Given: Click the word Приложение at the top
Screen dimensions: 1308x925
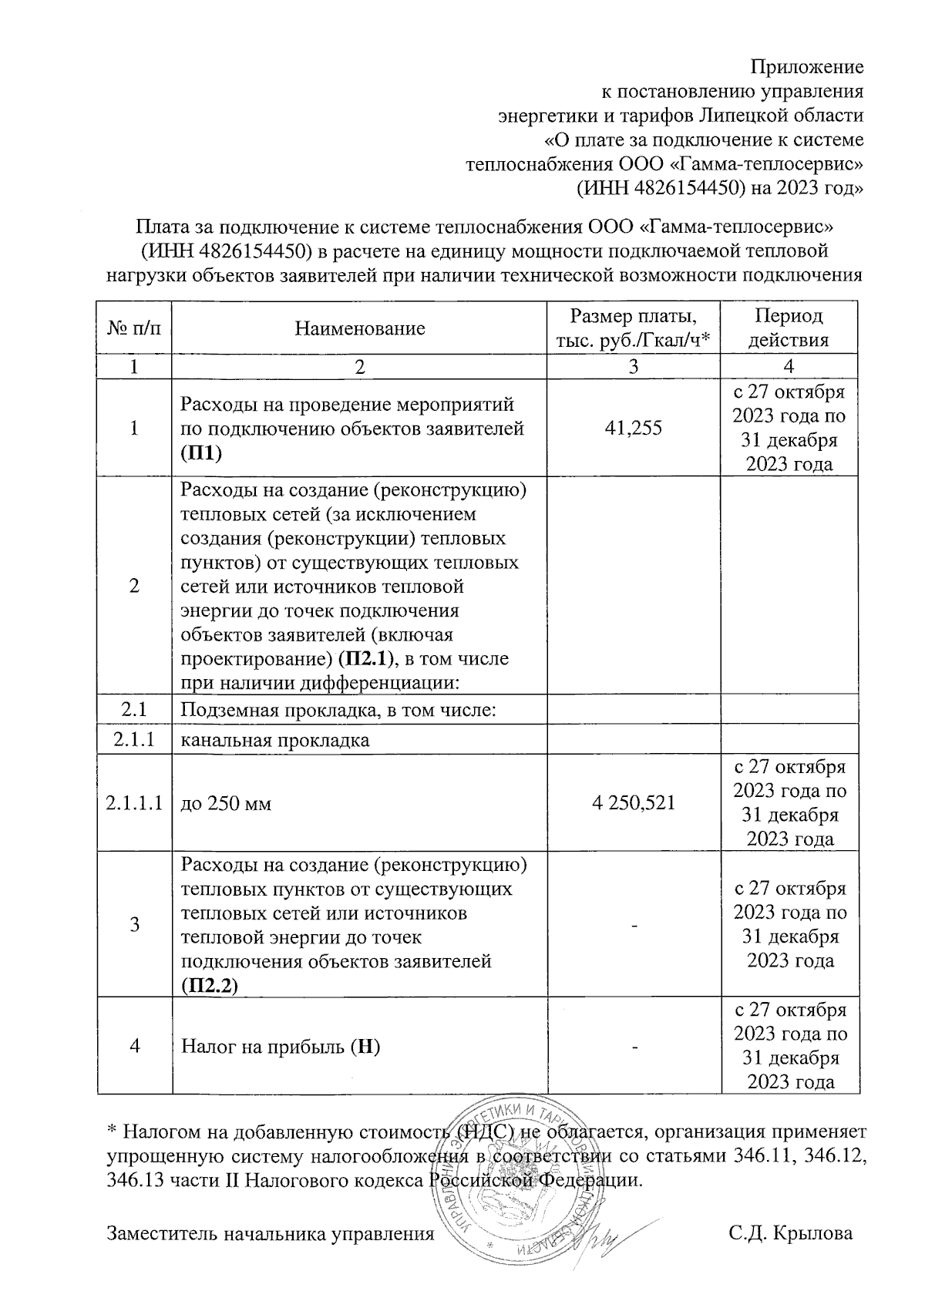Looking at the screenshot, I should point(807,66).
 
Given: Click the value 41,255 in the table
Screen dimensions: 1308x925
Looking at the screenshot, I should point(633,429).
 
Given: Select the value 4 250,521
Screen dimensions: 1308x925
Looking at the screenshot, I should point(633,803).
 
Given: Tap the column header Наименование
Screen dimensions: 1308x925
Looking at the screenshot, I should point(359,329).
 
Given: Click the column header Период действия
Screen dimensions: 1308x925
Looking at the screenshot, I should point(789,328).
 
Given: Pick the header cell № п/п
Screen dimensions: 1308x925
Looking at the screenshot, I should point(134,329).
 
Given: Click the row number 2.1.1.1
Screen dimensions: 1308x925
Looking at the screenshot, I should point(134,803).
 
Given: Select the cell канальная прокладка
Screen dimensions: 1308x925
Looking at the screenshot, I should point(275,741).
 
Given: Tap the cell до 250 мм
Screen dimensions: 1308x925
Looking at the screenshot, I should point(225,804).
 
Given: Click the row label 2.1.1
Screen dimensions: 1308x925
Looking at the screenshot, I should point(134,740).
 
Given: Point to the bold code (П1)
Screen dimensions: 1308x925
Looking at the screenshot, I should point(200,453).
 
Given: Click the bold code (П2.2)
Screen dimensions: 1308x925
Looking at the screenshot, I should point(209,986).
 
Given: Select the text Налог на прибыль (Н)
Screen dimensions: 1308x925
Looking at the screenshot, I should point(281,1047).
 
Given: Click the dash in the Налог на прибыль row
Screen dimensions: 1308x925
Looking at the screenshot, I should point(634,1047).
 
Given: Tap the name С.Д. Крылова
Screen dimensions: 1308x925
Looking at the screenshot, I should point(791,1233).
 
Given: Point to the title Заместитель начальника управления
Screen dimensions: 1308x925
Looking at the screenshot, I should point(270,1233).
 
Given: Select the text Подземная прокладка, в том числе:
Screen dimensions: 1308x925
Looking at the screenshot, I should point(337,709).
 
